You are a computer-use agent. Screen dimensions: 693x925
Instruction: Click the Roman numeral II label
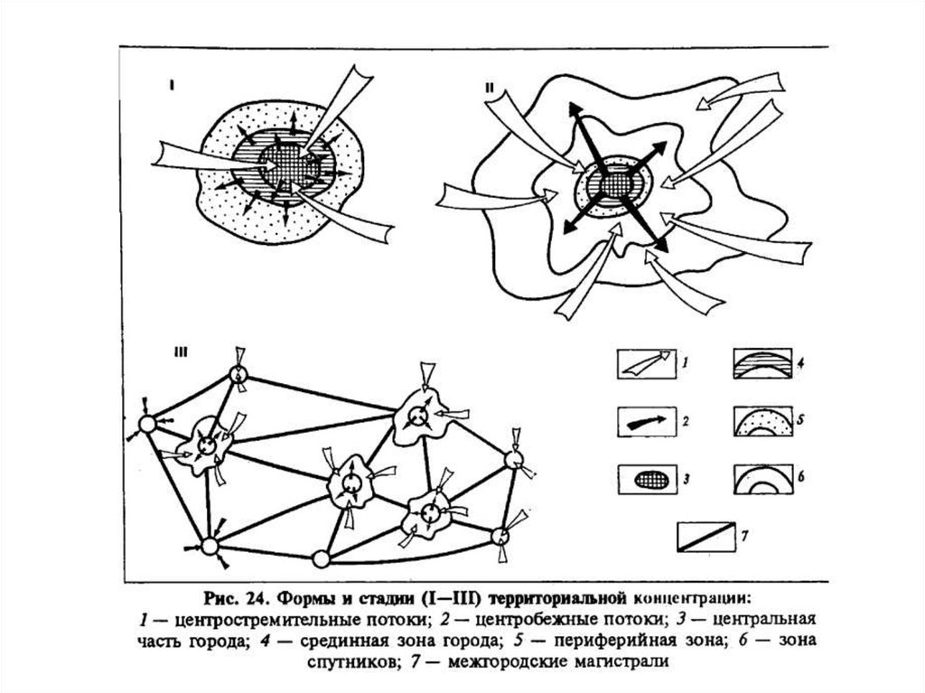490,88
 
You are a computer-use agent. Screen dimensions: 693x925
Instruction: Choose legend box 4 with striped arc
762,363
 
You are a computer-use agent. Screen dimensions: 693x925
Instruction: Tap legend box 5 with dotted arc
762,420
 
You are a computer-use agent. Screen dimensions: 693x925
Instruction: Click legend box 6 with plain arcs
762,478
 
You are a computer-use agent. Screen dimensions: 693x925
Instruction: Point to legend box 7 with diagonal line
705,537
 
